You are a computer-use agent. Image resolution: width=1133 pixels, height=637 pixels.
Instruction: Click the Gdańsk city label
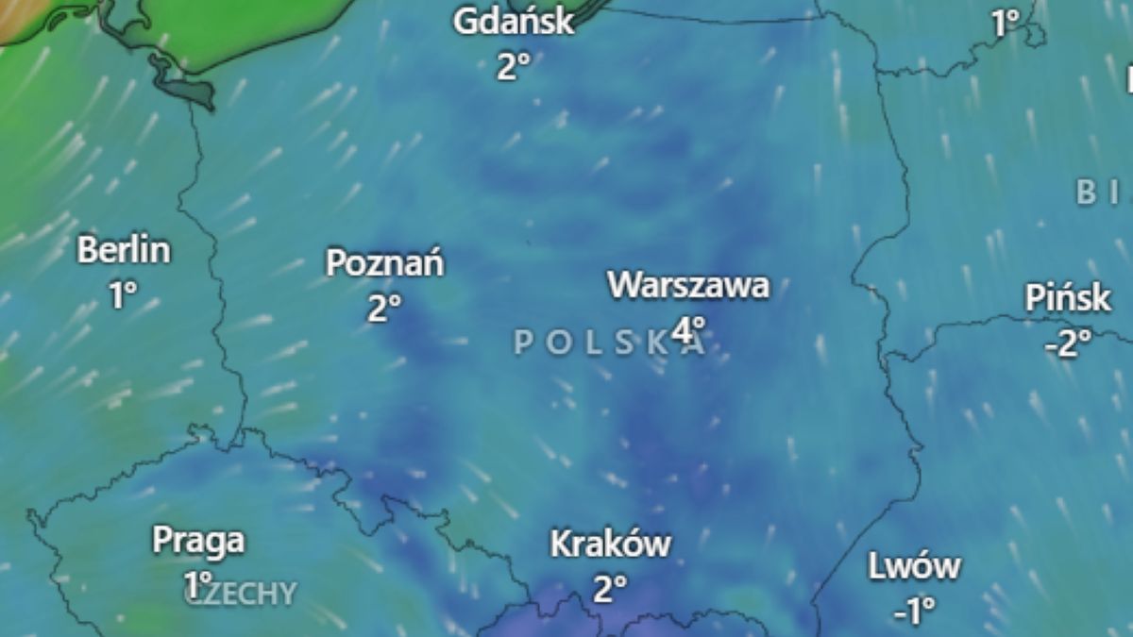514,22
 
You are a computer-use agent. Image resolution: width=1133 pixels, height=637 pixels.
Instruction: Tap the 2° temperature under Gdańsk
514,66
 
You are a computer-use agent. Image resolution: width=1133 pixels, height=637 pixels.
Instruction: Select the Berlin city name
124,251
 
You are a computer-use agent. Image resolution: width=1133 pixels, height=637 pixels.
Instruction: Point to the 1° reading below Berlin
122,295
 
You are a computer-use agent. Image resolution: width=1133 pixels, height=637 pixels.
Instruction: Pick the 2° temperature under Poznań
384,309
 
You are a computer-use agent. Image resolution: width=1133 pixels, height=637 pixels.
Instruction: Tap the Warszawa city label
688,285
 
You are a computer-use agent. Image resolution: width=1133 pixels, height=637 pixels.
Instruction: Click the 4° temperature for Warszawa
689,329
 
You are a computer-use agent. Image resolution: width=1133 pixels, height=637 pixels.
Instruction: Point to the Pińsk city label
1068,299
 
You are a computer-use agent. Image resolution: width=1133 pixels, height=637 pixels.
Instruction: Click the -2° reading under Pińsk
1067,344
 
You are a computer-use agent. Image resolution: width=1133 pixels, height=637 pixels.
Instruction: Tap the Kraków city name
610,545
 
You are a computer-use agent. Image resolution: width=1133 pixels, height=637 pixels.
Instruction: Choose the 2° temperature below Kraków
610,590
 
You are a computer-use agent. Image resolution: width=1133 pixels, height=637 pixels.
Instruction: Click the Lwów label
914,567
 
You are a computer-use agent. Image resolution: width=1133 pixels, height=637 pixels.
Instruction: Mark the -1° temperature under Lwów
913,611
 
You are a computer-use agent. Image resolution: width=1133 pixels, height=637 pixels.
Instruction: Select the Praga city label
198,542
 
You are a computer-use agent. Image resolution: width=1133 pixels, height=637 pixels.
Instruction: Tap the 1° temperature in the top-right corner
1007,24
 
